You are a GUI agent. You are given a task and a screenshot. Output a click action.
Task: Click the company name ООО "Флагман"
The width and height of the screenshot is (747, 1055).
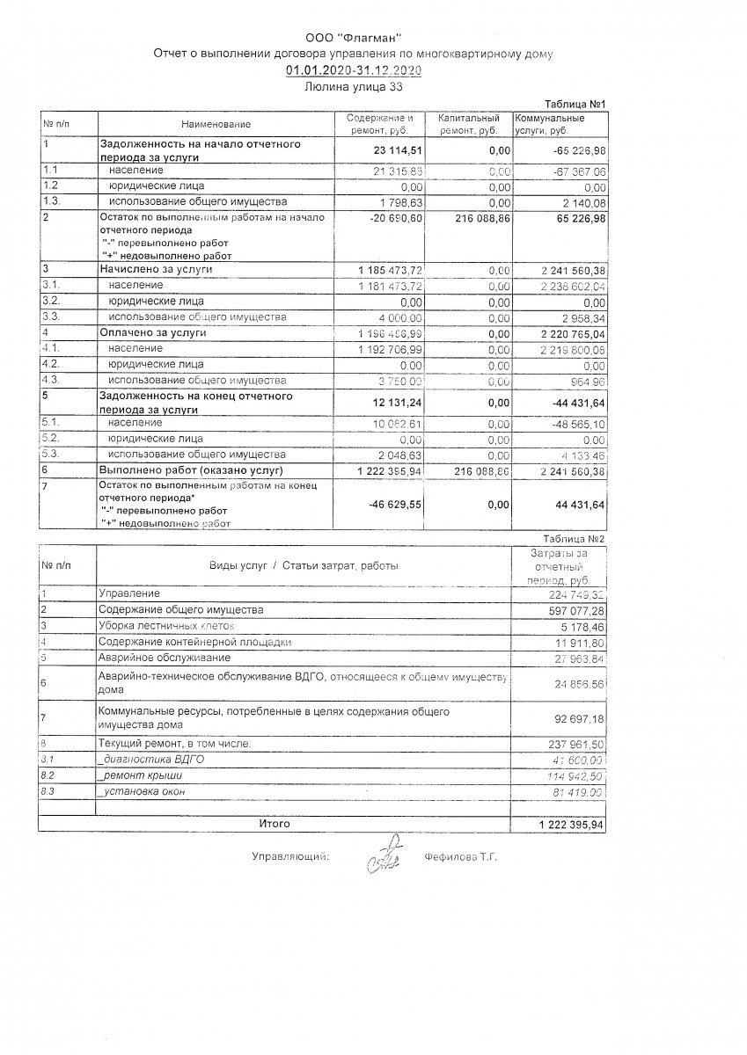352,38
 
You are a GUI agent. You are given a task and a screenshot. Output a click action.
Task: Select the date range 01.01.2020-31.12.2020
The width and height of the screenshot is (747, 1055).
353,70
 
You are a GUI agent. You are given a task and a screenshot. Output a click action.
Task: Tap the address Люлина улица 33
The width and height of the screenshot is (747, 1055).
352,86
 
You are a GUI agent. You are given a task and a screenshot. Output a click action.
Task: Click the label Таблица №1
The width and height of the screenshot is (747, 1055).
575,104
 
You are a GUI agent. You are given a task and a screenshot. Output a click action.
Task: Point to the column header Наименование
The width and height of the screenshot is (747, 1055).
216,124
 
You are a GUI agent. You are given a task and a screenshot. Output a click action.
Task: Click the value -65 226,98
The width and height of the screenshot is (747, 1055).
573,149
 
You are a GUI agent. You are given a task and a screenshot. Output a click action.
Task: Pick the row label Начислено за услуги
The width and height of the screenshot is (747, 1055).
157,268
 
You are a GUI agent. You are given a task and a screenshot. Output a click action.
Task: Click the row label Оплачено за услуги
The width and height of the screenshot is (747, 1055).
153,333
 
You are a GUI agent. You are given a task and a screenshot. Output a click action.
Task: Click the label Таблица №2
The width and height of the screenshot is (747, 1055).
575,537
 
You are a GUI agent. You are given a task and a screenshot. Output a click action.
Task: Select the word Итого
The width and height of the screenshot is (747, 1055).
274,824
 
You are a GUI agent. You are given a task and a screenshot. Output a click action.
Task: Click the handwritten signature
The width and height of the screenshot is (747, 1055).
384,854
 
